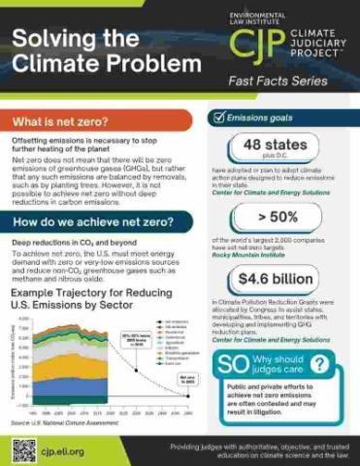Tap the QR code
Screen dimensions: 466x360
tap(24, 449)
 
